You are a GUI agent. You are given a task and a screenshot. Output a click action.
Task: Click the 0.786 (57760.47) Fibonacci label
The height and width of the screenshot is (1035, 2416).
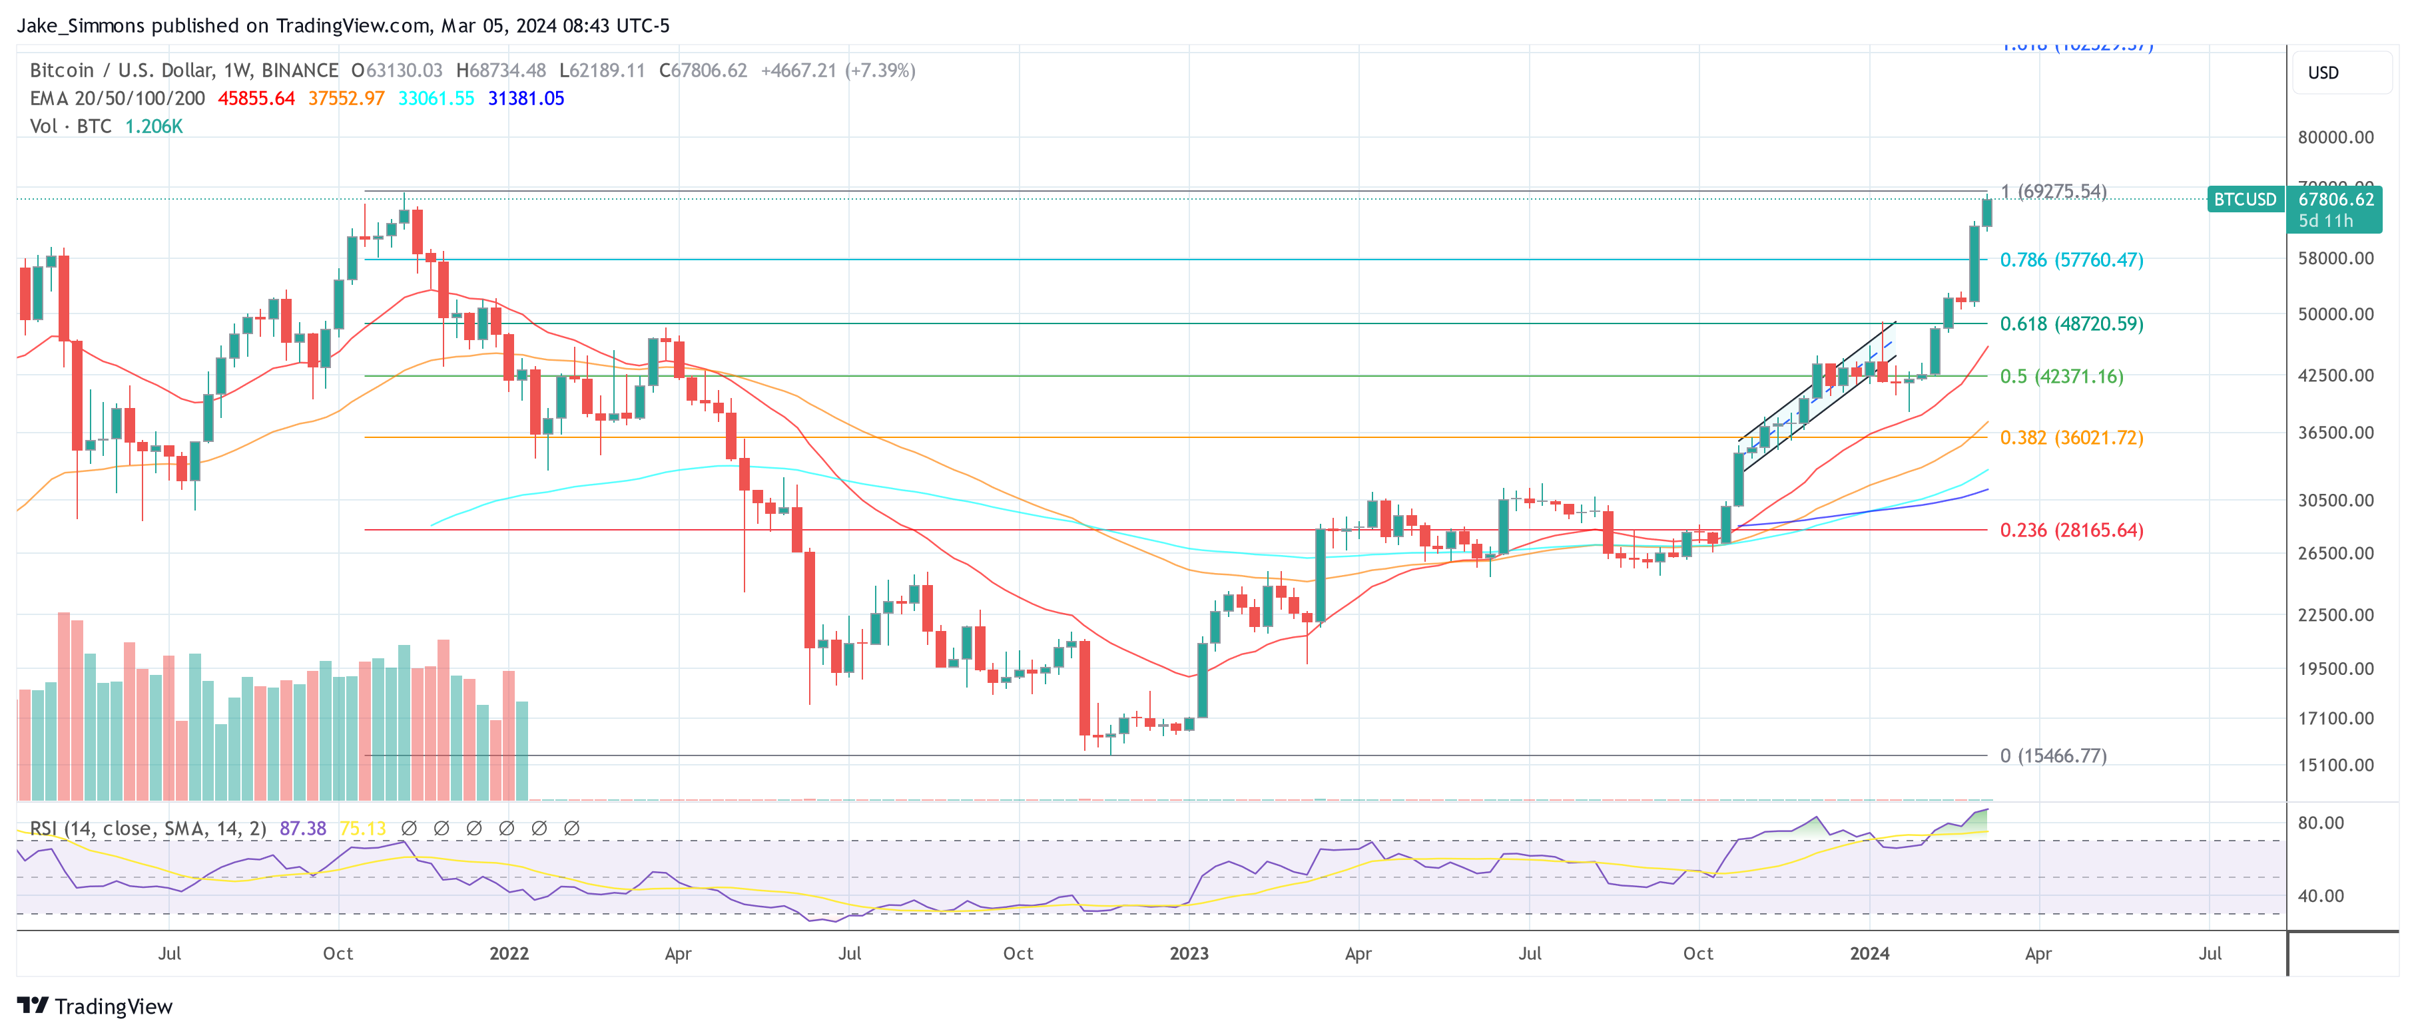(2071, 260)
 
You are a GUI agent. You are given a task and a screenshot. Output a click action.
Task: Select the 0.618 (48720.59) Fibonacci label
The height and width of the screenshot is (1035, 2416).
(2071, 323)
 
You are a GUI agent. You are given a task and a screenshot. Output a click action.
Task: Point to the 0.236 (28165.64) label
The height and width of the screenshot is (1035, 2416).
(2071, 530)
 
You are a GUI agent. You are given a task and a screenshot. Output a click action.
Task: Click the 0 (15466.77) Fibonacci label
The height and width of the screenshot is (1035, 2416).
(2052, 755)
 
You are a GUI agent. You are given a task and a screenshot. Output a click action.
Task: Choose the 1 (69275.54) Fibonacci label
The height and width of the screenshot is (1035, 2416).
(2052, 191)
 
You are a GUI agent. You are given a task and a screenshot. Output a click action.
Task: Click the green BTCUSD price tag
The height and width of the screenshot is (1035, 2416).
(2244, 200)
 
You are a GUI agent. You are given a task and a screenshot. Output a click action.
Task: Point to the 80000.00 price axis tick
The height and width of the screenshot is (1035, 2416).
(2334, 137)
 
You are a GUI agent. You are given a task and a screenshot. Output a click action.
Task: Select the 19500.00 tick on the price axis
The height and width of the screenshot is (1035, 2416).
(2334, 668)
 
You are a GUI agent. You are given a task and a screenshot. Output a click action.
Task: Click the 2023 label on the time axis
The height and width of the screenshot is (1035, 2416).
(1188, 953)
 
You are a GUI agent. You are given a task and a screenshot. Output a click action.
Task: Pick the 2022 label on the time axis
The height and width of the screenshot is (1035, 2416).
(508, 953)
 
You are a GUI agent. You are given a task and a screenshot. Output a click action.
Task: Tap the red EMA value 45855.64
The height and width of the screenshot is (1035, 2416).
(256, 99)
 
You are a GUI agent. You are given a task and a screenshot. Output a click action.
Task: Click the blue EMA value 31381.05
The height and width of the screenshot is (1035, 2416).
(525, 99)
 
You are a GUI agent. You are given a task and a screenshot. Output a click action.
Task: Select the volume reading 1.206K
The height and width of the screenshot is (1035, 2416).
(154, 126)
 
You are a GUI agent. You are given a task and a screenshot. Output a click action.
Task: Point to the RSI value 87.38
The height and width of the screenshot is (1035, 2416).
(302, 829)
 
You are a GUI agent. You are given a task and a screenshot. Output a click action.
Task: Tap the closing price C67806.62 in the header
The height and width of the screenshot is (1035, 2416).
(703, 71)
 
